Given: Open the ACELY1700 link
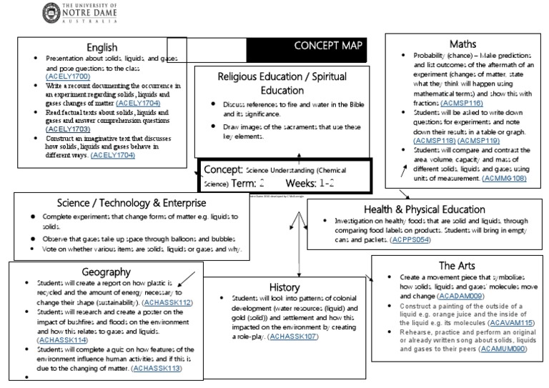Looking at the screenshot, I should coord(69,76).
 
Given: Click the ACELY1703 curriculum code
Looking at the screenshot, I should coord(69,129).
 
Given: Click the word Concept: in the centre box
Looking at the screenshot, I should coord(223,169).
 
